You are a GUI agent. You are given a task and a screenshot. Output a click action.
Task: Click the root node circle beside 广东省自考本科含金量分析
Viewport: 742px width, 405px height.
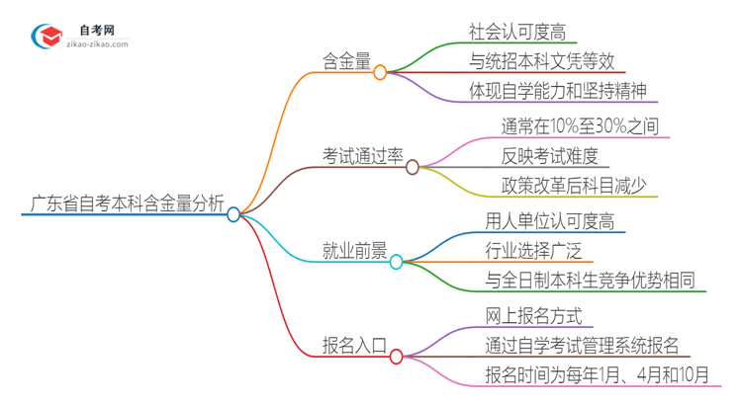point(233,213)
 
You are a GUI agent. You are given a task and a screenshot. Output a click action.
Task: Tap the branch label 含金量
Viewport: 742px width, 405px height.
point(346,61)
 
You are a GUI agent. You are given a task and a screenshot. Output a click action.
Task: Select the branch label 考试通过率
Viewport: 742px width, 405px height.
point(363,155)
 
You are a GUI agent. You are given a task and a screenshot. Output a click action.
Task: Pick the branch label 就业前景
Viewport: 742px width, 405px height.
point(353,252)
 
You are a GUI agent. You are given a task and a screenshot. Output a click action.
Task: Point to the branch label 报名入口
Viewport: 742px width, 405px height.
point(353,346)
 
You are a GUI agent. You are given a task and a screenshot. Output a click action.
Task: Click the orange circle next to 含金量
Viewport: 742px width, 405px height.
point(380,72)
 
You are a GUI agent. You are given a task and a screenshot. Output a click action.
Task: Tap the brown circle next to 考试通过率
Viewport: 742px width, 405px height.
point(413,166)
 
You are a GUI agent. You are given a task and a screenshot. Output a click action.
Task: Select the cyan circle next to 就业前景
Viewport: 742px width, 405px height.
point(396,262)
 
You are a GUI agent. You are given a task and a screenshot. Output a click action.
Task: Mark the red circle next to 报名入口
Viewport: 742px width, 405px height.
point(396,356)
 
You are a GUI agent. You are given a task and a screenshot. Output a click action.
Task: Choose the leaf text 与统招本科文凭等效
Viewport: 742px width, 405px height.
point(541,61)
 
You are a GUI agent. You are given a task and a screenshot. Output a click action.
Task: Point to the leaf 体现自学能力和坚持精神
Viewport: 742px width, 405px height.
point(560,92)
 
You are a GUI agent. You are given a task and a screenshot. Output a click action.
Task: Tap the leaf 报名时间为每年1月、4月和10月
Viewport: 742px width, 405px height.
point(597,375)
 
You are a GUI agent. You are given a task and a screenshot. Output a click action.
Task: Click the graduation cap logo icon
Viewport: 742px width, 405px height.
point(46,37)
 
